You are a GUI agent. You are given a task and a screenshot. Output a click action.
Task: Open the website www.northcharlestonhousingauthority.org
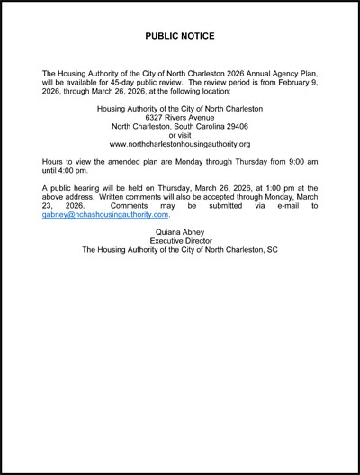tap(180, 144)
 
